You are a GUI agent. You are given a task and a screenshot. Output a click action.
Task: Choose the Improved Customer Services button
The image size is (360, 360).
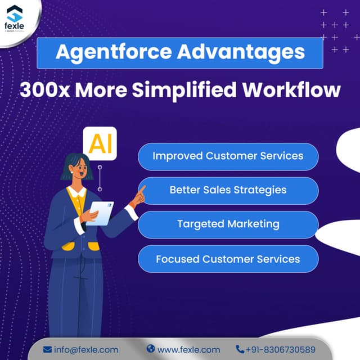coord(228,156)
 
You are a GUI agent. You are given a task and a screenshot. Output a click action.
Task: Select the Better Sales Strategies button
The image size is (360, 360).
coord(228,190)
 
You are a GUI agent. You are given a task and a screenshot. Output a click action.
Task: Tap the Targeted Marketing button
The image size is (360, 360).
coord(228,224)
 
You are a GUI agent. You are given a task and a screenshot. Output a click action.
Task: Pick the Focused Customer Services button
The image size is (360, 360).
coord(228,259)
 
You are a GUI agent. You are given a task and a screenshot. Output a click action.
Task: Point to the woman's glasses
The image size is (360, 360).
coord(82,167)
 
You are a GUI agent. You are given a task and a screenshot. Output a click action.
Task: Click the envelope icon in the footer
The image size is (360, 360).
coord(47,349)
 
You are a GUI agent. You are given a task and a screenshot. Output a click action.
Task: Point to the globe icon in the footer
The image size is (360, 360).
coord(150,349)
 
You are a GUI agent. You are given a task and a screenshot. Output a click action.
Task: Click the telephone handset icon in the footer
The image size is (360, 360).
coord(240,349)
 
